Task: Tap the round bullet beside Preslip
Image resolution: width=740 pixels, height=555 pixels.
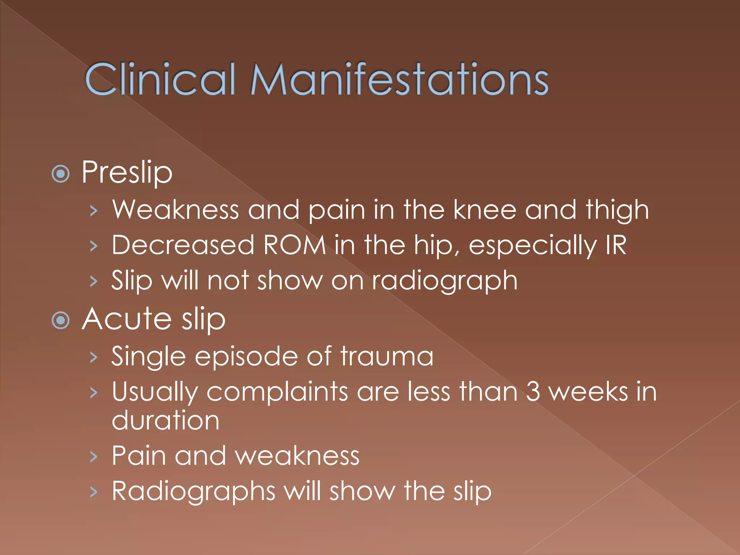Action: pyautogui.click(x=61, y=174)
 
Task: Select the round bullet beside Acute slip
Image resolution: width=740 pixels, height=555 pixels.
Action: pyautogui.click(x=61, y=320)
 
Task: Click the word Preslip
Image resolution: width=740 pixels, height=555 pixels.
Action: pyautogui.click(x=127, y=173)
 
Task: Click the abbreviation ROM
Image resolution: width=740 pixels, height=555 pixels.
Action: pyautogui.click(x=294, y=245)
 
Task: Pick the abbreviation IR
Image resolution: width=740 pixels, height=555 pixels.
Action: pyautogui.click(x=616, y=245)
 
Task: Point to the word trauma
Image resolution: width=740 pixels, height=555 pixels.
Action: pyautogui.click(x=387, y=356)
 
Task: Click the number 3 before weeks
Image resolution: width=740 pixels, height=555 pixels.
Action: pyautogui.click(x=533, y=392)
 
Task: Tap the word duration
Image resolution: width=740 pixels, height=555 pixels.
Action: pyautogui.click(x=165, y=420)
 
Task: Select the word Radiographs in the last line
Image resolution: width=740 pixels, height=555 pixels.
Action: pyautogui.click(x=193, y=491)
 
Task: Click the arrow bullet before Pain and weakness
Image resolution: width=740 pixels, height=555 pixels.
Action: pyautogui.click(x=94, y=457)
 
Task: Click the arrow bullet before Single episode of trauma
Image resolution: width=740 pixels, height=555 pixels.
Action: pyautogui.click(x=94, y=357)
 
